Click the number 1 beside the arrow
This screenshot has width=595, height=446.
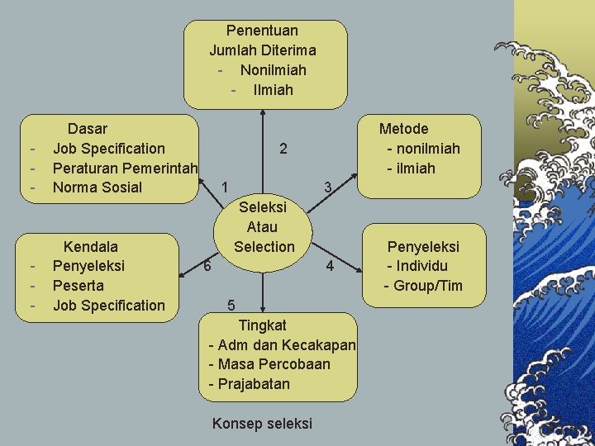226,186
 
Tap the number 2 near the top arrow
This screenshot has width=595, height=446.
283,149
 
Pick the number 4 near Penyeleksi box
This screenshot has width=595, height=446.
330,266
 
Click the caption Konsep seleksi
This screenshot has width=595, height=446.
262,424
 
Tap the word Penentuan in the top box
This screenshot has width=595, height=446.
262,31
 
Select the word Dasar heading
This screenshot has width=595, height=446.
87,129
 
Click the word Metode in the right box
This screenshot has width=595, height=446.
403,129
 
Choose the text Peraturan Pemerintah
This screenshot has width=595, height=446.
125,168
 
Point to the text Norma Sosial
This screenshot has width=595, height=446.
97,187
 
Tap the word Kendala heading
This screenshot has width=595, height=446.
91,246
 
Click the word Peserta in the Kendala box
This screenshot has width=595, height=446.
79,286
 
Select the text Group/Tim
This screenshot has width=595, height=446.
428,287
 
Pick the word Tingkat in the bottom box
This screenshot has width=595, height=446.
262,325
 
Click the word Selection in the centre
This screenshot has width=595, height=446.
264,246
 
